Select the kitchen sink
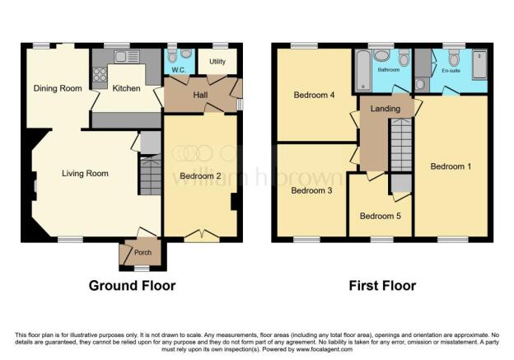click(127, 56)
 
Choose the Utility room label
click(217, 62)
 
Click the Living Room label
click(86, 173)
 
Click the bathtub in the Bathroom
click(362, 72)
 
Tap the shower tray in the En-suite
click(480, 65)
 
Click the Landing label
click(385, 109)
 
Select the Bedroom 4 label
click(314, 95)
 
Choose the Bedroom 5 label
click(381, 216)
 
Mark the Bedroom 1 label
click(451, 166)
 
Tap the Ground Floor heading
click(132, 286)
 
